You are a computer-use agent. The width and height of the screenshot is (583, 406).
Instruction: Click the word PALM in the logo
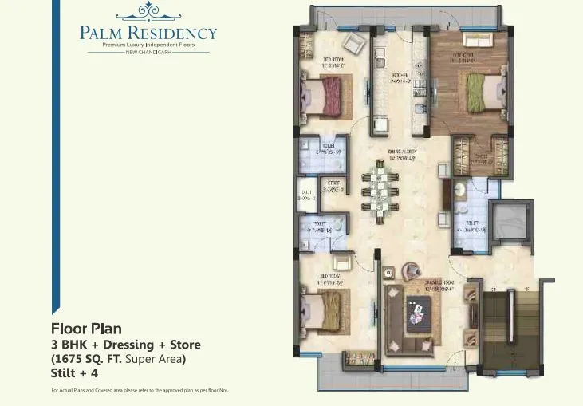(x=100, y=34)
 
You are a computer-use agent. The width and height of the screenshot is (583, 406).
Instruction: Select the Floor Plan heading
(x=86, y=328)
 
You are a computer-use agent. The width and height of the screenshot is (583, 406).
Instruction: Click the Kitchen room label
(x=400, y=77)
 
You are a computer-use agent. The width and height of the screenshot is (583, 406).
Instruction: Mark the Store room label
(x=335, y=187)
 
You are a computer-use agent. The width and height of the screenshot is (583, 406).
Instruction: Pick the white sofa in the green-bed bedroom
(x=479, y=40)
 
